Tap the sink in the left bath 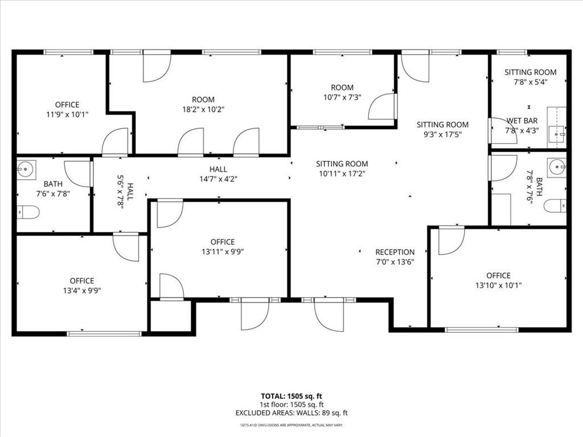point(26,169)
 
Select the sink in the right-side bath point(557,168)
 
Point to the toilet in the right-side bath point(555,205)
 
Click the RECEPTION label point(395,252)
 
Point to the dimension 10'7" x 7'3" point(342,97)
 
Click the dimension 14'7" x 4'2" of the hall point(218,179)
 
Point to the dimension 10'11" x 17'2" point(342,174)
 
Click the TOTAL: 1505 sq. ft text point(291,395)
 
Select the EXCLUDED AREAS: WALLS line point(291,413)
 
